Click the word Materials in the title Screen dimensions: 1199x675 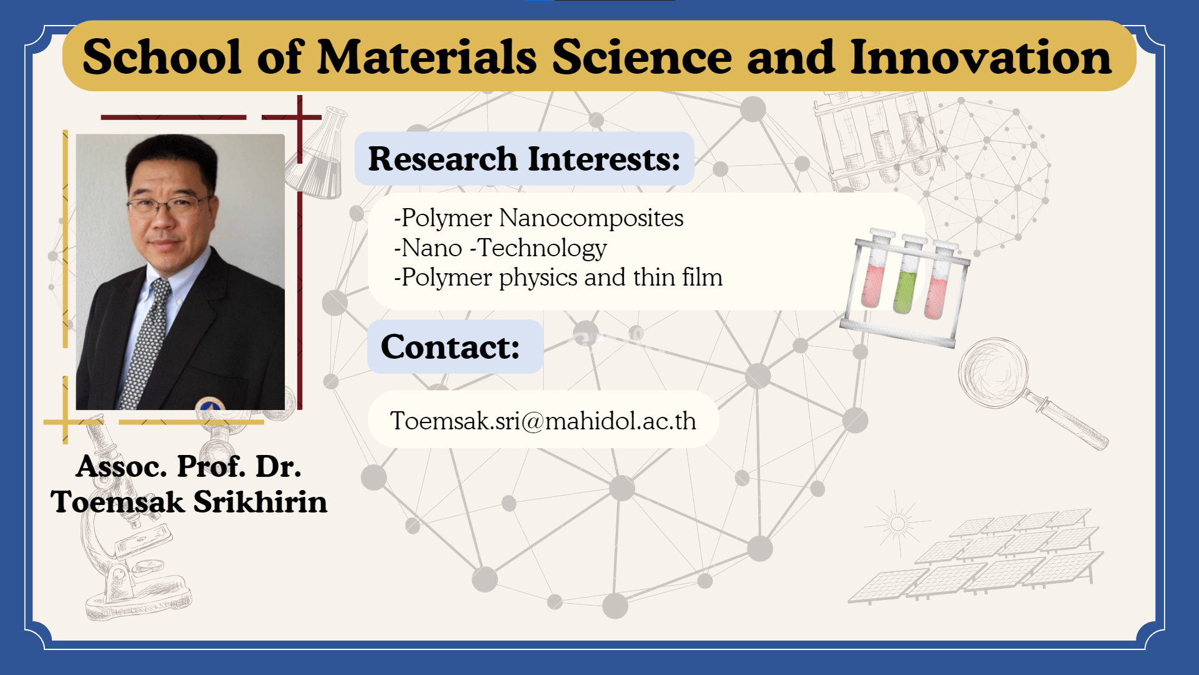[427, 57]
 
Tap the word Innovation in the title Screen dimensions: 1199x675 [980, 57]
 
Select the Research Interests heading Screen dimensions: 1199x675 [524, 159]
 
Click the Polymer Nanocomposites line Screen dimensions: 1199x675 [539, 218]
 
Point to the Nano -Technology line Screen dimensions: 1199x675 [500, 248]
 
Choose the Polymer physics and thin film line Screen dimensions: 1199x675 [558, 277]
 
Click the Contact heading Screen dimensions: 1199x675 [450, 347]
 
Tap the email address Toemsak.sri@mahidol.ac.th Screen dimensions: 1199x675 [543, 421]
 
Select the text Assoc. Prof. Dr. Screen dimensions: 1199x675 [189, 466]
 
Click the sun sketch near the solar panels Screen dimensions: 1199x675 [897, 522]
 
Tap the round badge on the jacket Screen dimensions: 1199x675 [210, 404]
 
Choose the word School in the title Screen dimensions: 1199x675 [162, 57]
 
